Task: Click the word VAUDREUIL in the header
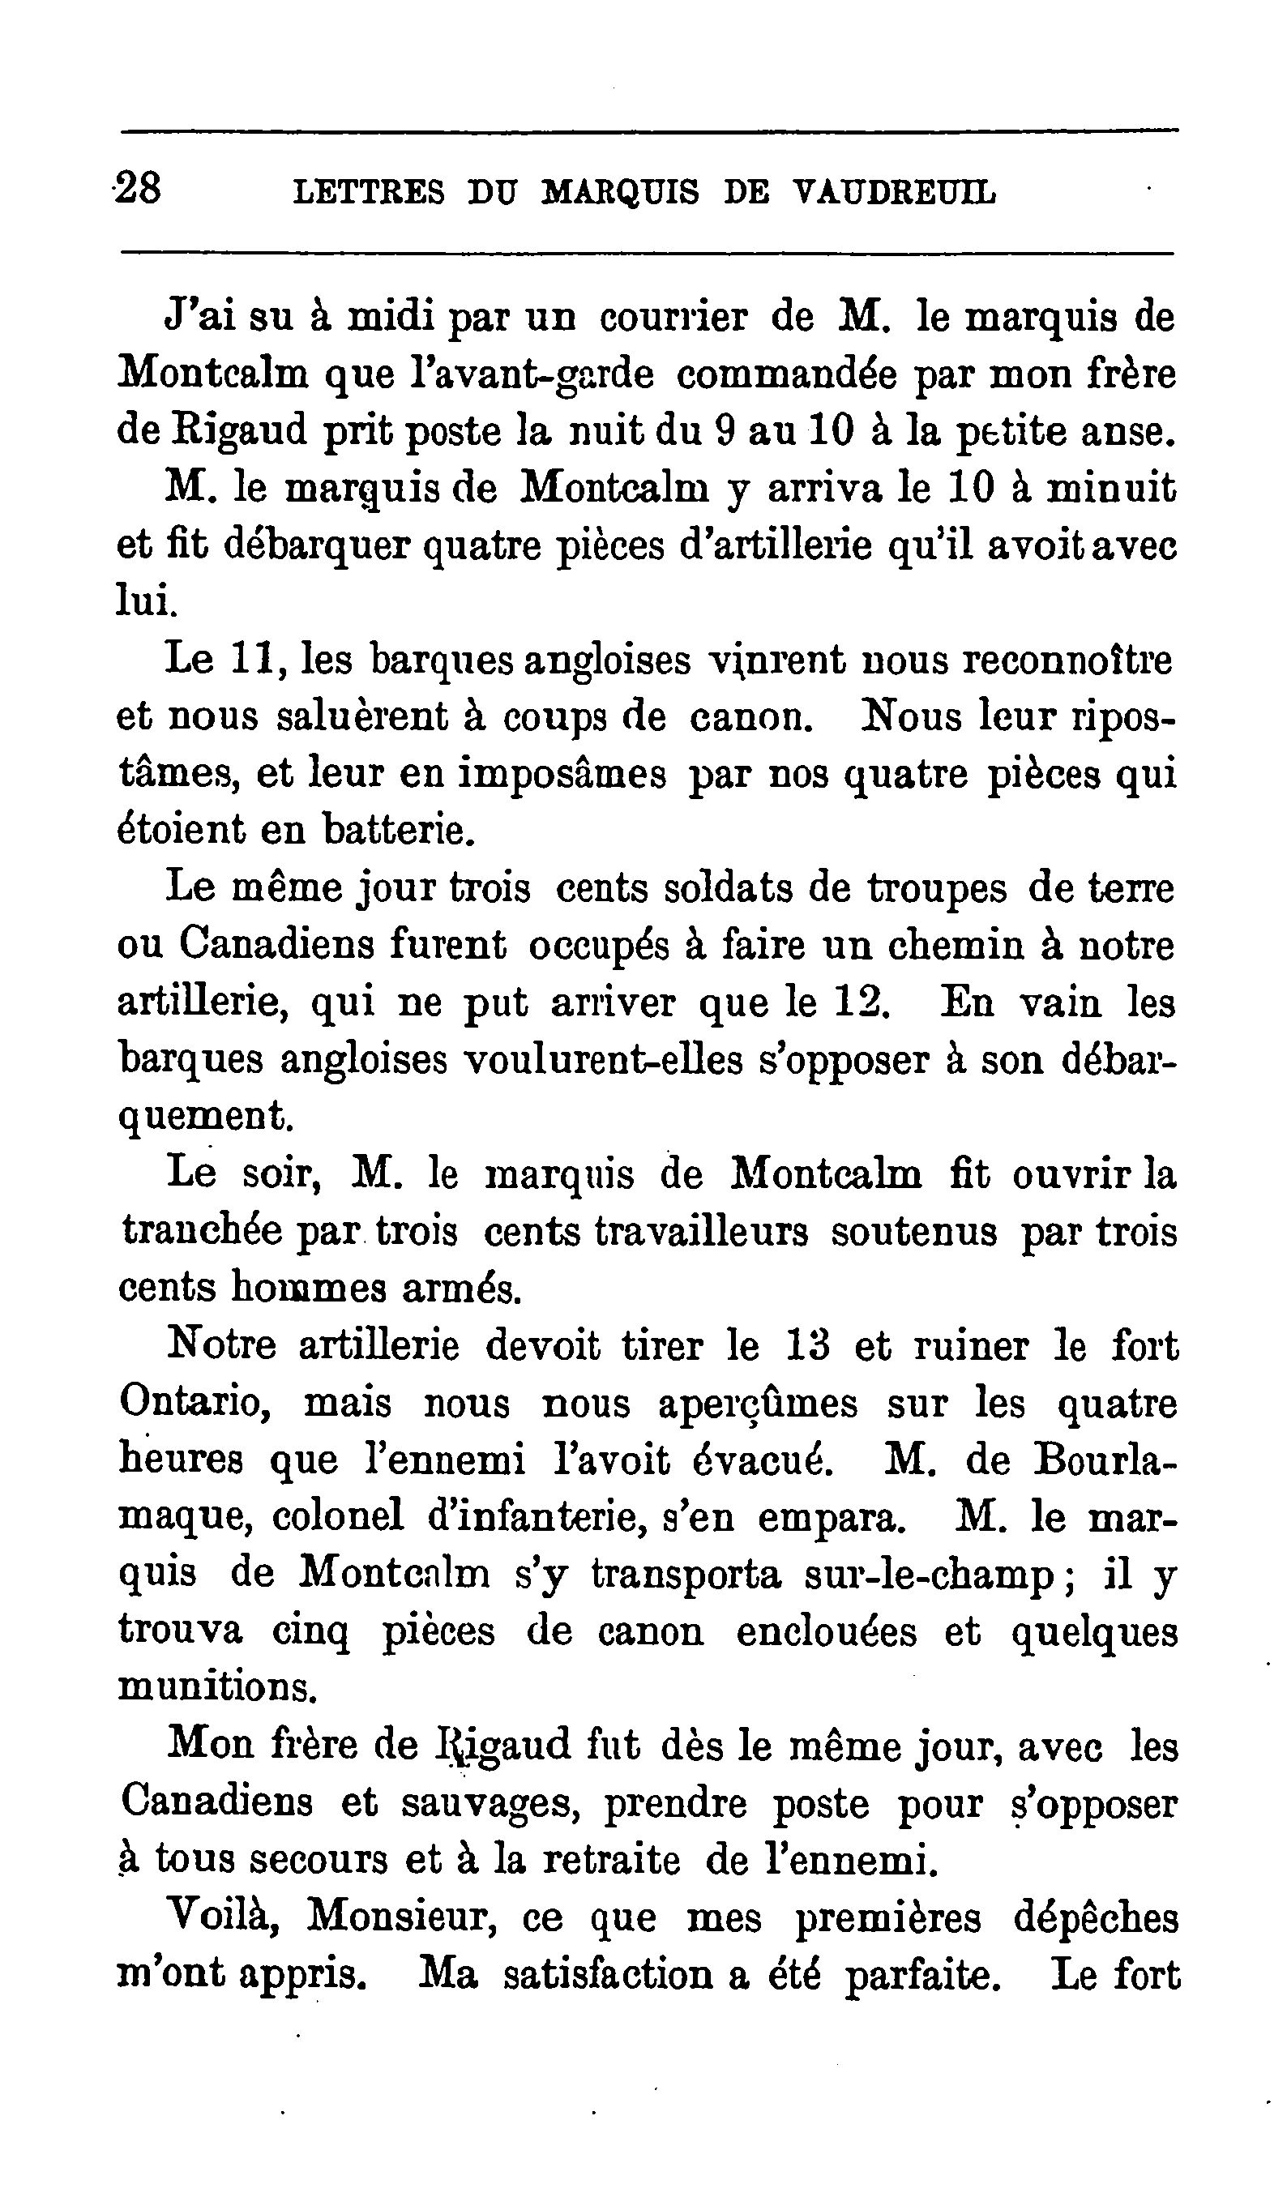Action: point(896,192)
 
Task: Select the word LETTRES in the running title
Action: point(369,192)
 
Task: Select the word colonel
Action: point(337,1518)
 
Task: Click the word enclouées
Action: point(826,1632)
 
